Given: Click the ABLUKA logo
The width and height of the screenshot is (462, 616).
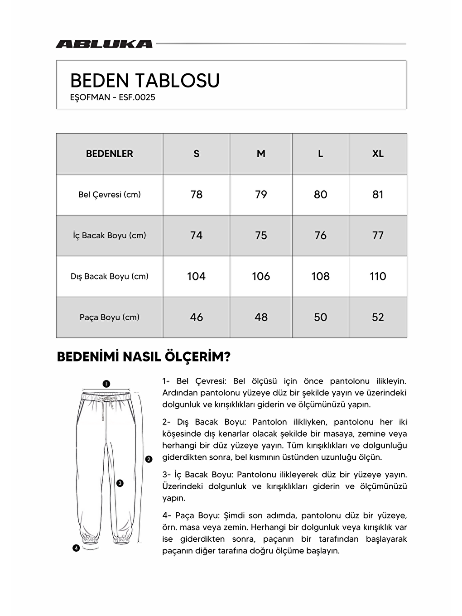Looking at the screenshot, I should coord(104,44).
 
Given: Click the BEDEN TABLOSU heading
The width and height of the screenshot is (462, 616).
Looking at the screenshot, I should coord(145,81).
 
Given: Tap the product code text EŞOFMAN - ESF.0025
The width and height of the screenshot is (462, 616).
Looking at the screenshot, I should coord(113,97).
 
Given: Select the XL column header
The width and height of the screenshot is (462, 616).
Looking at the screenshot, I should coord(378,154).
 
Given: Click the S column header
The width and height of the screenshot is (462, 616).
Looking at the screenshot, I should coord(196,154).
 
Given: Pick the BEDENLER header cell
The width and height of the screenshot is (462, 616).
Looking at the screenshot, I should coord(110,154).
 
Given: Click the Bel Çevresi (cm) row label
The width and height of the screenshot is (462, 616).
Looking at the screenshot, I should coord(110,194).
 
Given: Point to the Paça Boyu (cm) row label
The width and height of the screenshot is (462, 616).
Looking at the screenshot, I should coord(110,317).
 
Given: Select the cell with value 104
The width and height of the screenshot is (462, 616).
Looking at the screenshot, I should coord(196,276).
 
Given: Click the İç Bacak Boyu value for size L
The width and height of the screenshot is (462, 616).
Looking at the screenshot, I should coord(320,236).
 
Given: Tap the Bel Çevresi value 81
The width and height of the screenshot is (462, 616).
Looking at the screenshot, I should coord(378,194).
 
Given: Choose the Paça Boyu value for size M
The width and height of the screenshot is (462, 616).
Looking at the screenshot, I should coord(261,317).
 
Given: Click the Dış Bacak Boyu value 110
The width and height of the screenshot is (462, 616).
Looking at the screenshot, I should coord(378,276).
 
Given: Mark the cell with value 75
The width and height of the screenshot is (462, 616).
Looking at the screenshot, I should coord(261,236).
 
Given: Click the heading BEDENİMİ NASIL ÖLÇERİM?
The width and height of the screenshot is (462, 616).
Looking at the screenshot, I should coord(144,357).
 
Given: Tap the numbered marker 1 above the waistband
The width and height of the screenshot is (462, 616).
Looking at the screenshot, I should coord(106,384).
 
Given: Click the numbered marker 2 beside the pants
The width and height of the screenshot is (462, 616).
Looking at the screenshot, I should coord(149,459).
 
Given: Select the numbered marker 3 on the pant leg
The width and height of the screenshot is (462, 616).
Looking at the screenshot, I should coord(120,483).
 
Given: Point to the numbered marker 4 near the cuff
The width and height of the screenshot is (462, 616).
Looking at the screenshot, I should coord(76,548).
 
